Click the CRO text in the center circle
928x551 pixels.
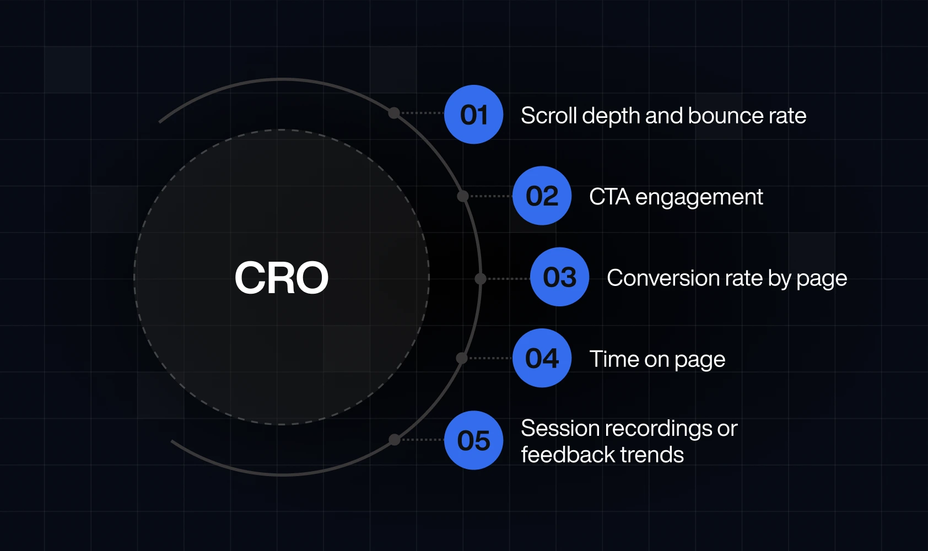pyautogui.click(x=281, y=277)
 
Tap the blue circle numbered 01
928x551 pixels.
pyautogui.click(x=473, y=115)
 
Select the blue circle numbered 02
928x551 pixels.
pyautogui.click(x=542, y=196)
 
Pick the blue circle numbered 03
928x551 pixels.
pyautogui.click(x=560, y=277)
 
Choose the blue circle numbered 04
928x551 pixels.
pyautogui.click(x=542, y=358)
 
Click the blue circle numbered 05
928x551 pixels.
pyautogui.click(x=473, y=440)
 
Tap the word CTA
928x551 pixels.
pyautogui.click(x=609, y=196)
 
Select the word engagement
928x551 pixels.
pyautogui.click(x=699, y=198)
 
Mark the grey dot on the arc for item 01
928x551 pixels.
pyautogui.click(x=394, y=113)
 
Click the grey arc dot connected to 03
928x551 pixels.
pyautogui.click(x=480, y=278)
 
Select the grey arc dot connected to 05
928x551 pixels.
pyautogui.click(x=395, y=440)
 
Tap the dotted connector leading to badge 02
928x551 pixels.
pyautogui.click(x=490, y=196)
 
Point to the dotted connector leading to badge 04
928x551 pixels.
pyautogui.click(x=490, y=358)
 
